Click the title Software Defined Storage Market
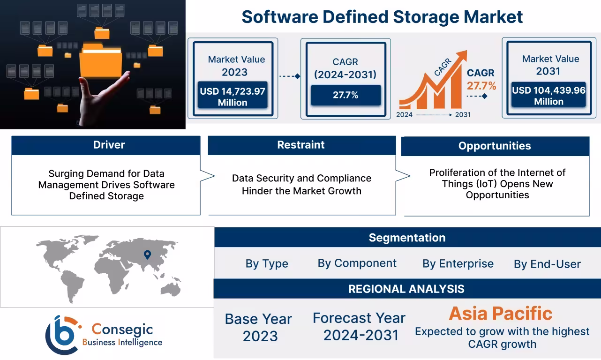[382, 17]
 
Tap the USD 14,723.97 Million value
[233, 97]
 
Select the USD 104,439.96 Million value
[548, 96]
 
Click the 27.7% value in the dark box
[346, 95]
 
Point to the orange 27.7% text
[481, 86]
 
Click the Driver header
[109, 145]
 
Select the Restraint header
[301, 145]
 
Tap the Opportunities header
[495, 146]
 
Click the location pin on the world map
[147, 255]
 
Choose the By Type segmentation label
[267, 263]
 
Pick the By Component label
[357, 263]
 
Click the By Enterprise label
[458, 264]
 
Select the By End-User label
[547, 264]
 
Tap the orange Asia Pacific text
[501, 313]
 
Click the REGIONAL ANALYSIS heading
[406, 289]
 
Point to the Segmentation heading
[407, 238]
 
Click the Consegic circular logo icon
[61, 335]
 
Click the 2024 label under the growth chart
[405, 114]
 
